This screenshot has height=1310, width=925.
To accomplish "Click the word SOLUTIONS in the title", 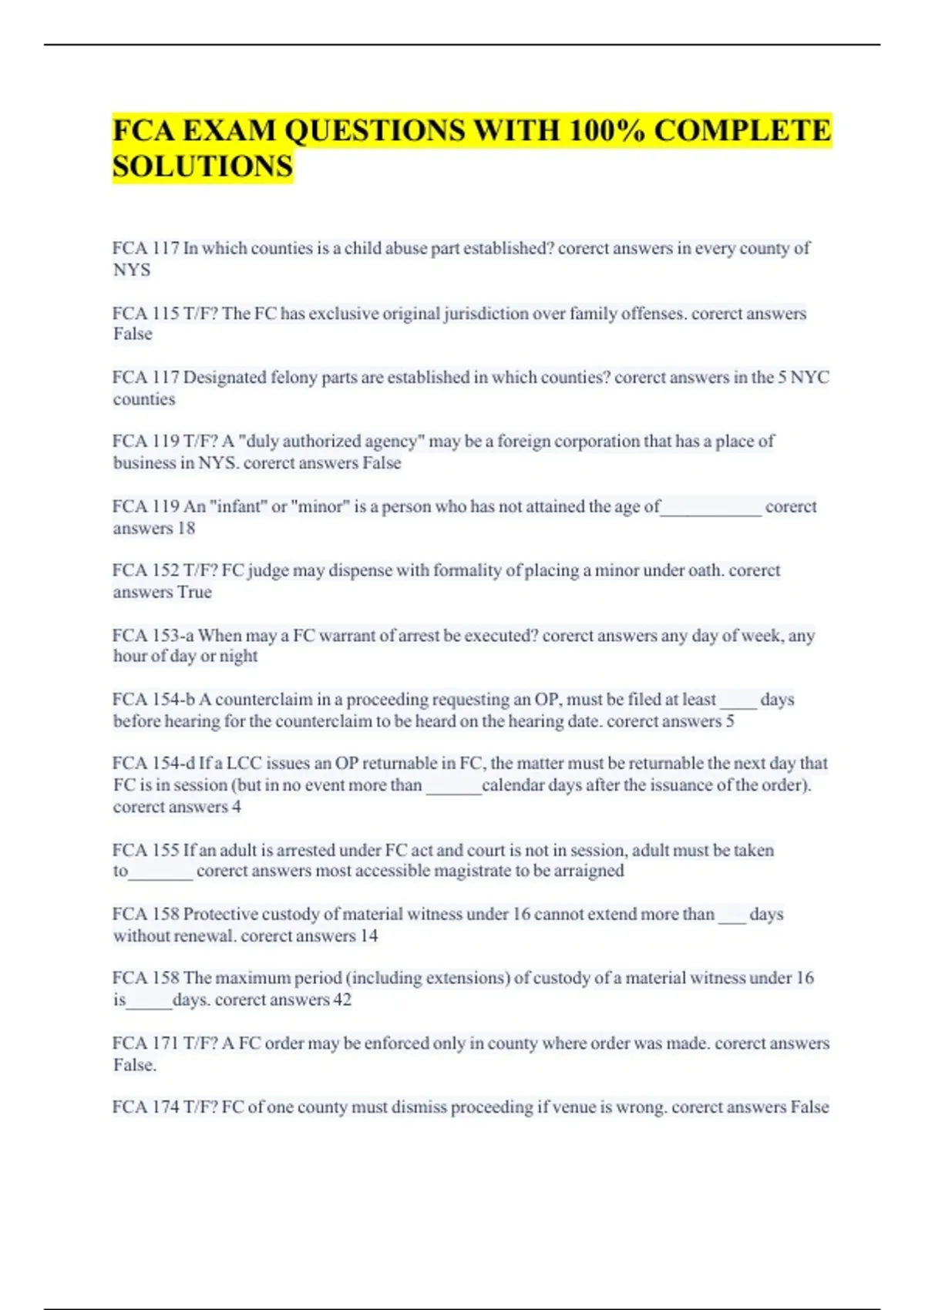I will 203,166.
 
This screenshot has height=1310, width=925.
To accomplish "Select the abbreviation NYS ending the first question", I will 132,270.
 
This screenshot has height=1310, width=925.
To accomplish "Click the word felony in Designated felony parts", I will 280,378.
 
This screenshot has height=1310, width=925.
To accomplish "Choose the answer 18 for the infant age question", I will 187,529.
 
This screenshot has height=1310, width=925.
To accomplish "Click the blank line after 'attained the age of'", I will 711,509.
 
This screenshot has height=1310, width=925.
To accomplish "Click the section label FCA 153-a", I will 153,636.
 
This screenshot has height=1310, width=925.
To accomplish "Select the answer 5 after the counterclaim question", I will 730,721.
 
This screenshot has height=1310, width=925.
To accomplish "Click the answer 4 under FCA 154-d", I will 237,807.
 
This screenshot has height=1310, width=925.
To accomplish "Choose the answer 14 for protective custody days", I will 369,936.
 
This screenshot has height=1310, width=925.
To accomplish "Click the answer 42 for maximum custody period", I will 342,1000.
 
